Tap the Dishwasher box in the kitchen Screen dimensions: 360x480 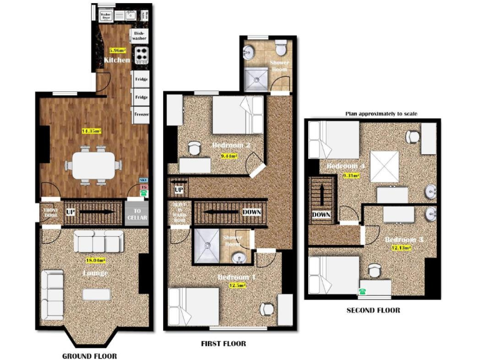tap(139, 36)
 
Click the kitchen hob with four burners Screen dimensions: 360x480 tap(142, 55)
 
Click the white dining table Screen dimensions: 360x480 tap(93, 166)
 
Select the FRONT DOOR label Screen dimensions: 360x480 tap(49, 212)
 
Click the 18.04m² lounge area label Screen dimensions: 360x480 tap(92, 259)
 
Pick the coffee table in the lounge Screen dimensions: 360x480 tap(96, 294)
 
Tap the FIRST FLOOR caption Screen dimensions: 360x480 tap(223, 343)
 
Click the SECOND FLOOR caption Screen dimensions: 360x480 tap(373, 310)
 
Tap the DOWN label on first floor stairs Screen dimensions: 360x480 tap(251, 212)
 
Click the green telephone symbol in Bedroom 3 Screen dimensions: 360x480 tap(362, 291)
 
